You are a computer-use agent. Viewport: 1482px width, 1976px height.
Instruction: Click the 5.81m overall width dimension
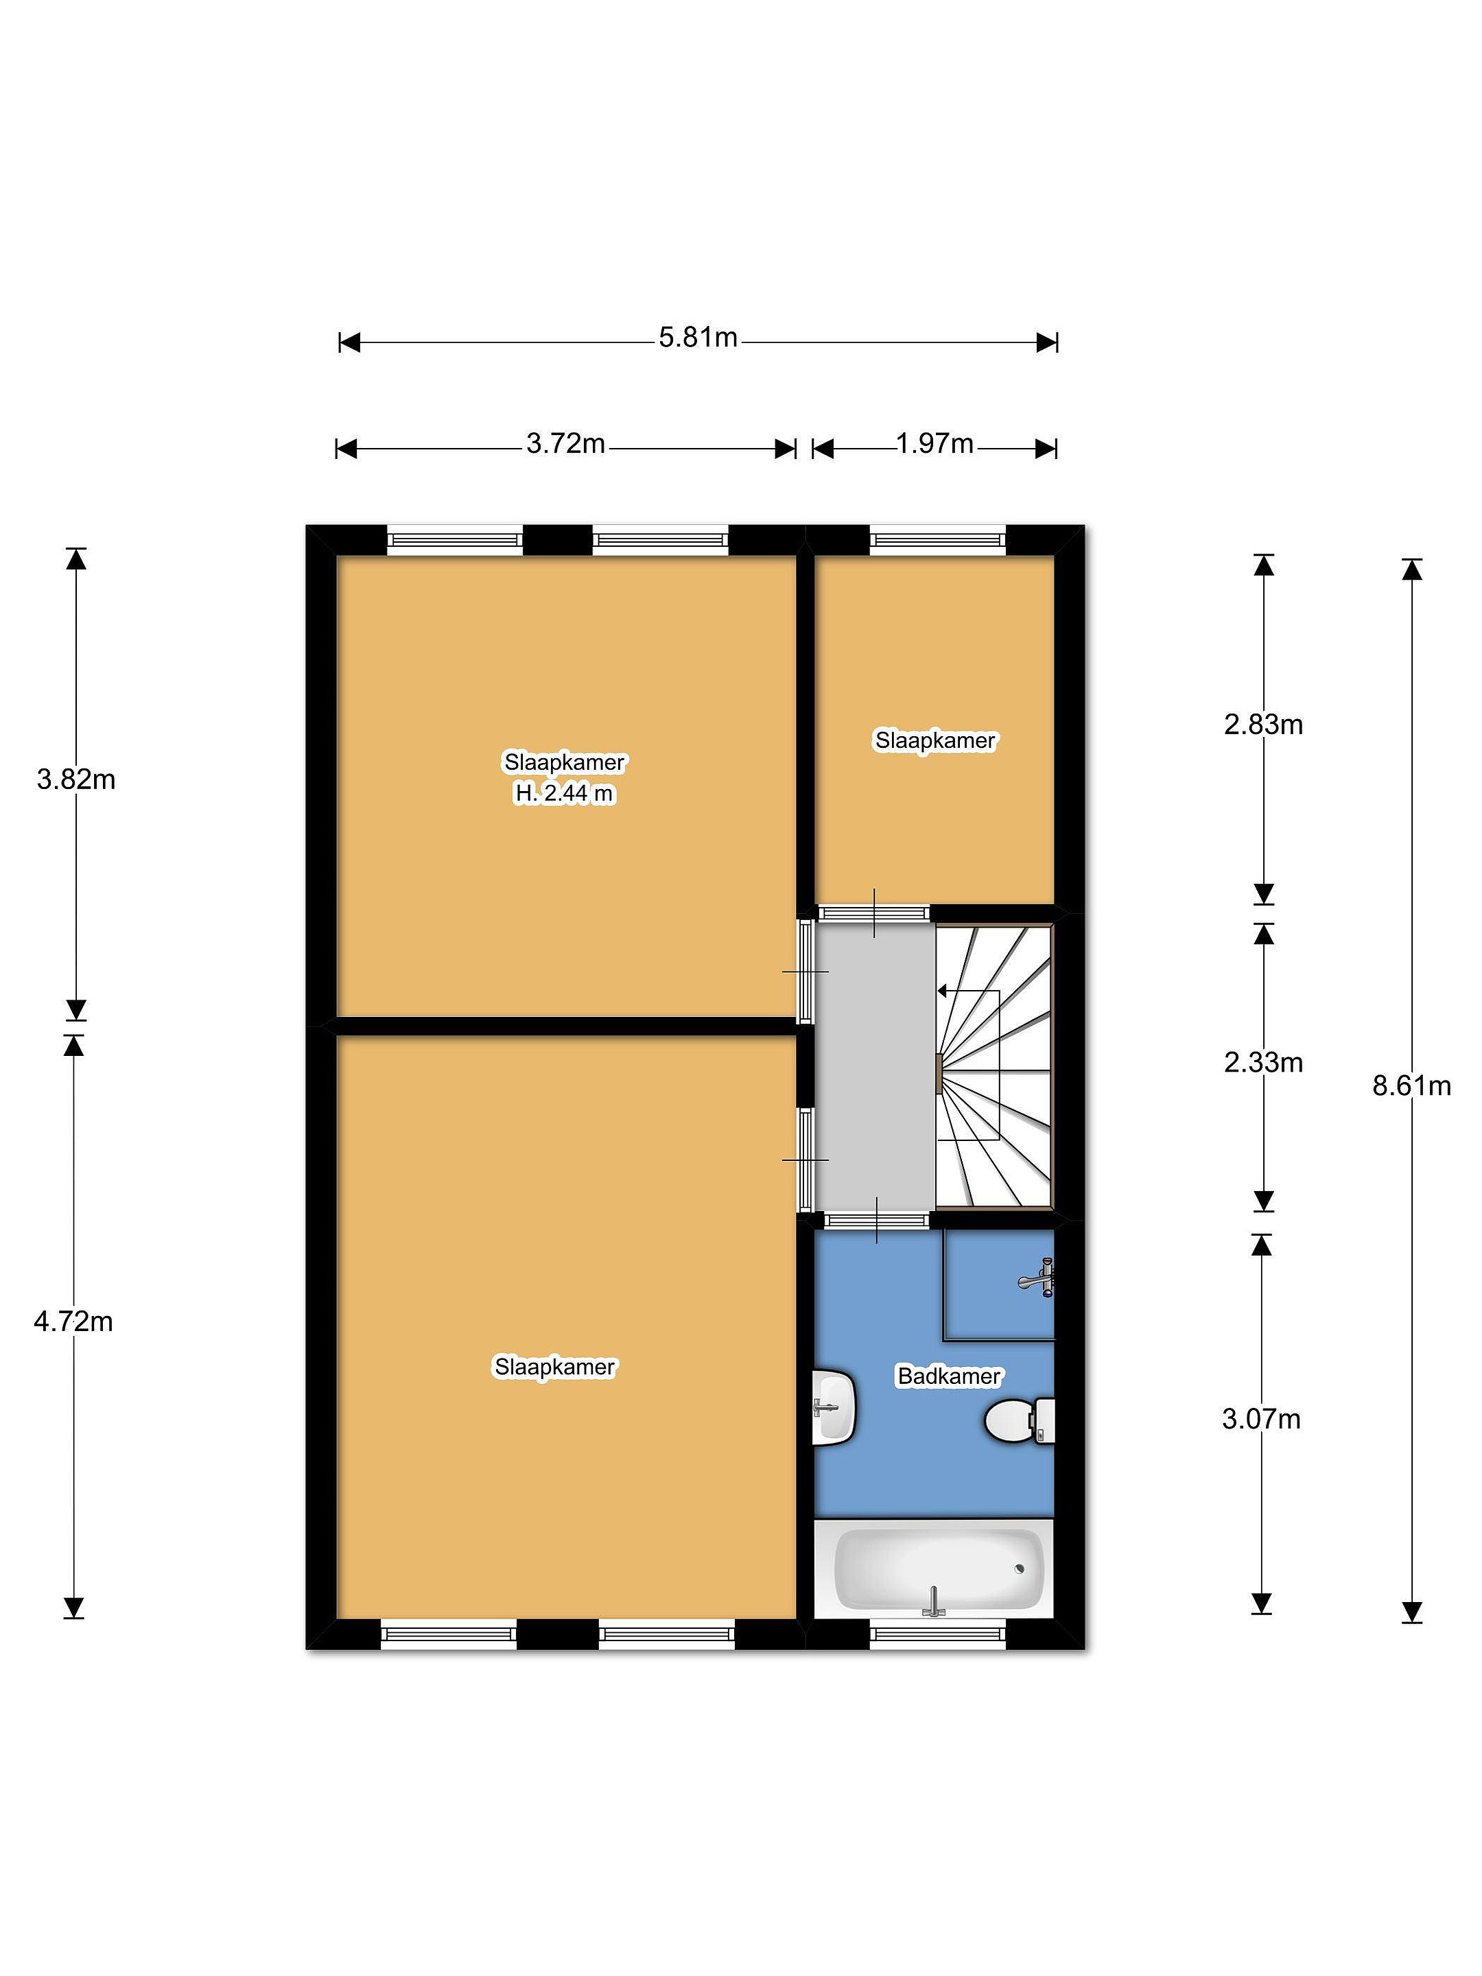point(698,338)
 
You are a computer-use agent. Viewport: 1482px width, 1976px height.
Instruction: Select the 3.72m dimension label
point(565,443)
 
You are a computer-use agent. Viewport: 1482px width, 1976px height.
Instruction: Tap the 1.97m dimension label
point(934,443)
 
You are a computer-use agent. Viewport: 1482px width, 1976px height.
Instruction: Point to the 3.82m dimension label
point(76,780)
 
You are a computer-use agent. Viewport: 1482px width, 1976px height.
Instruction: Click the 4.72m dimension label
point(73,1321)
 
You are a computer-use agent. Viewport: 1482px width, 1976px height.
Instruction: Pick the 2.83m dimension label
point(1263,725)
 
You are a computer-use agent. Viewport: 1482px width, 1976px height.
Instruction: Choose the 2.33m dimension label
point(1263,1062)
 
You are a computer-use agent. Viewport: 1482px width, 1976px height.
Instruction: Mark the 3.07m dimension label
point(1261,1419)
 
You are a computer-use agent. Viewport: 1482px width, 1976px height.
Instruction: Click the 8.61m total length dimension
point(1411,1085)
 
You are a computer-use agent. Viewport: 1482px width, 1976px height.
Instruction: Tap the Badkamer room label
point(949,1376)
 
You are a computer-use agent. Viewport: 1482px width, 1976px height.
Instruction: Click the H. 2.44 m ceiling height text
point(565,793)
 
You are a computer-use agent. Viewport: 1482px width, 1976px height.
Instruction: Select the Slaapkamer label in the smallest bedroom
point(934,740)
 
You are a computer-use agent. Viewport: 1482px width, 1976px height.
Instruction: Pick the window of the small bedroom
point(937,539)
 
